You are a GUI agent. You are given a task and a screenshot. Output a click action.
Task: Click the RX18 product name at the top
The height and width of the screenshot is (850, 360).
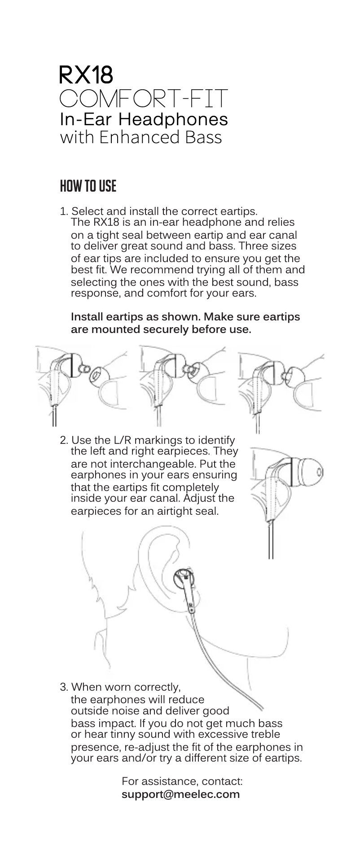(86, 75)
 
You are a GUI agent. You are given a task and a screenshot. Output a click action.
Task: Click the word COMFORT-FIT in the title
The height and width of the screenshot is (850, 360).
(144, 99)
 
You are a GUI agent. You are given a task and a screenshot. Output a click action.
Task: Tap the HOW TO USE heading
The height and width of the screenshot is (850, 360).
(88, 186)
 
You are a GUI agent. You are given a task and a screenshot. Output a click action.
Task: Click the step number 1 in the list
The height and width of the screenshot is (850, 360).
(63, 211)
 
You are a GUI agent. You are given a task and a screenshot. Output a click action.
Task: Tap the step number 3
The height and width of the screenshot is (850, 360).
(64, 687)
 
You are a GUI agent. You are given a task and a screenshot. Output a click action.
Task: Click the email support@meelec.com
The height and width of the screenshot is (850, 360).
(181, 794)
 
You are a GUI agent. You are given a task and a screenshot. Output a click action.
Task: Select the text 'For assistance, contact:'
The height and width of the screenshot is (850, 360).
(182, 781)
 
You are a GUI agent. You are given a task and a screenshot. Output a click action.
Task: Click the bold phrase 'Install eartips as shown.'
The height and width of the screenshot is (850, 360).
(136, 317)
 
